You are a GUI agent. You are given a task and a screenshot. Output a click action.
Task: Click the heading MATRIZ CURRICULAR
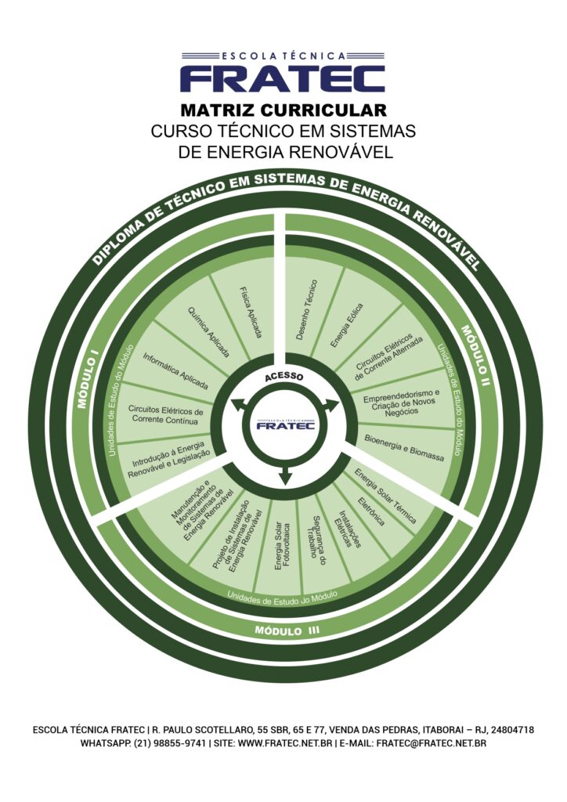tap(283, 110)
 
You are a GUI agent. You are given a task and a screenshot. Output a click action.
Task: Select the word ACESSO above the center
tap(283, 377)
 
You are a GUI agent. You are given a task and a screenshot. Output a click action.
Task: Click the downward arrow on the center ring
tap(285, 474)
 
